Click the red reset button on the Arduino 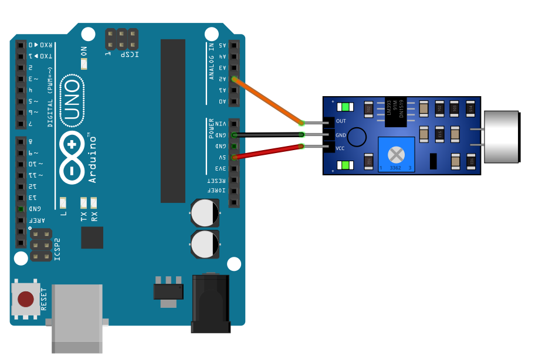click(x=26, y=300)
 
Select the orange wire click(x=267, y=101)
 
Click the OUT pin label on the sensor click(x=341, y=121)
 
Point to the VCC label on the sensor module click(x=341, y=148)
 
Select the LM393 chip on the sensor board click(x=395, y=111)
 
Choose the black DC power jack click(x=210, y=303)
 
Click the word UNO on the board click(x=72, y=100)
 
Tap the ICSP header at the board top click(x=122, y=39)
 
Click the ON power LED click(x=84, y=63)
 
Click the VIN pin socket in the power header click(x=235, y=124)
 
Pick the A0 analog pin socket click(x=235, y=101)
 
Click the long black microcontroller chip click(x=173, y=120)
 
